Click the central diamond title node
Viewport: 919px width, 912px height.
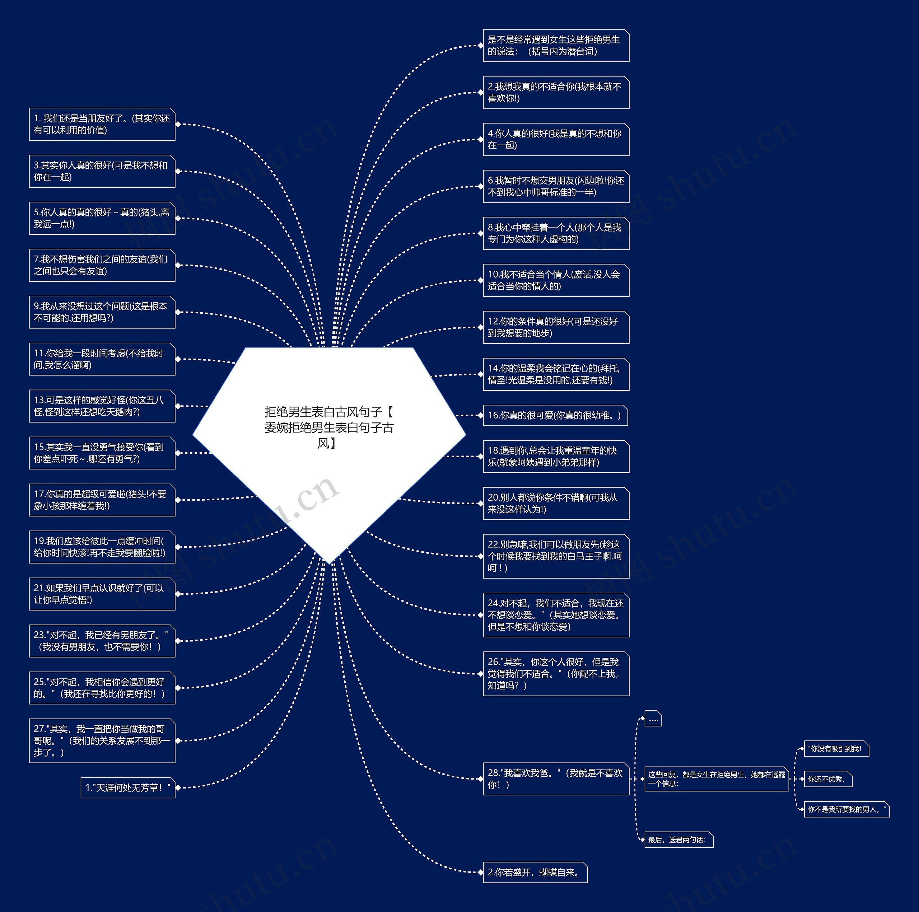329,428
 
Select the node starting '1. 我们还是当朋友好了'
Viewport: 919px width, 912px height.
102,125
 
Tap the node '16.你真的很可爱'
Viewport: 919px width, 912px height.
555,416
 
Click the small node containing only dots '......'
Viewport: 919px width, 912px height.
653,719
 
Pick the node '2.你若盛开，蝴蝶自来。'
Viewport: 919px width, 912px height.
535,873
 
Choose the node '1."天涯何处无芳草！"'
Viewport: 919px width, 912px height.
127,788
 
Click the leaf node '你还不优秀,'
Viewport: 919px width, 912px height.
827,779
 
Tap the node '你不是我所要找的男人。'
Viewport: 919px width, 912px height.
846,809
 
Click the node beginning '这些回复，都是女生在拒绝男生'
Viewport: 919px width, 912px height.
716,779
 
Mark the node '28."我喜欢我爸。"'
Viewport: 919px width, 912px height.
556,779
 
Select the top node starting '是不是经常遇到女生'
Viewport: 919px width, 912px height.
556,46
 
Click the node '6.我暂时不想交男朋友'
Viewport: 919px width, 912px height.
556,186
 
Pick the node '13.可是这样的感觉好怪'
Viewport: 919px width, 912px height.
102,406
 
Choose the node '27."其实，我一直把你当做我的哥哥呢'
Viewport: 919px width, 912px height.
102,741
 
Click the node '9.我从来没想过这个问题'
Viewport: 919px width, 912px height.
102,312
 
